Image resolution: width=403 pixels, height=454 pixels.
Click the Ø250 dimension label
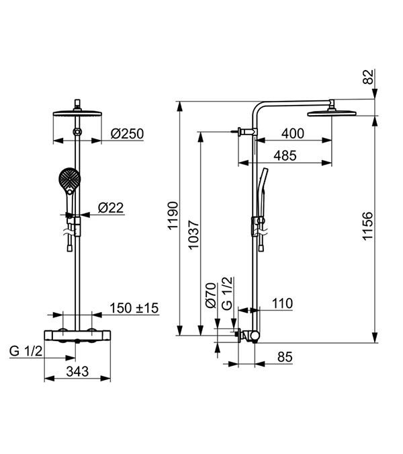pos(127,134)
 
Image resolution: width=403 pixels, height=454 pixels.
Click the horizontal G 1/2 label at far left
pos(26,351)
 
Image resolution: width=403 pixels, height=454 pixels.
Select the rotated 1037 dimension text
pos(193,235)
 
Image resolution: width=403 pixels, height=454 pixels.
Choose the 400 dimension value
pos(293,134)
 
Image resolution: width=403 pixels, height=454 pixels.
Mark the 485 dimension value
pos(285,155)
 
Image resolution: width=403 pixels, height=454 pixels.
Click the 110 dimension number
pos(282,304)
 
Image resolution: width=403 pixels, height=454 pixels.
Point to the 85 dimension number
pos(285,357)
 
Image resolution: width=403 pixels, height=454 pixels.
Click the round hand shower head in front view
pos(70,180)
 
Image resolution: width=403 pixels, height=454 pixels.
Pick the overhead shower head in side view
pos(331,112)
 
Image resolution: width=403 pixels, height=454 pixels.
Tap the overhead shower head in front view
pos(79,113)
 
